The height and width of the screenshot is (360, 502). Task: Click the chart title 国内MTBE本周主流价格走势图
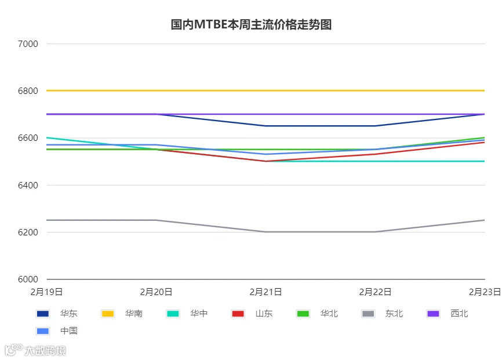[x=251, y=25]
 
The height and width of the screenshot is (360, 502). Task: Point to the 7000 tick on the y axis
[x=28, y=44]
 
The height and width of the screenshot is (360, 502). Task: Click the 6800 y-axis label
[x=28, y=91]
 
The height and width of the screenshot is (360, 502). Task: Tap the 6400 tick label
[x=28, y=185]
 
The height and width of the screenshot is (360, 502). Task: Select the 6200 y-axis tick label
[x=28, y=232]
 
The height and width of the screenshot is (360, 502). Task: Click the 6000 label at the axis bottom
[x=28, y=279]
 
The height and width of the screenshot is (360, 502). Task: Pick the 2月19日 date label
[x=47, y=292]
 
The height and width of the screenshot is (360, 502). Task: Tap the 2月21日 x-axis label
[x=265, y=292]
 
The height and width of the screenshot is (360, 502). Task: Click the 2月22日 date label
[x=375, y=292]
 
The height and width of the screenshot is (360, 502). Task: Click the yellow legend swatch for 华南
[x=108, y=314]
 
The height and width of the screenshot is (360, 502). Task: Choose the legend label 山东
[x=264, y=314]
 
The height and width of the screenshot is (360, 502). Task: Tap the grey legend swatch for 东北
[x=368, y=314]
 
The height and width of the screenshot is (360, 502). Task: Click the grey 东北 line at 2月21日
[x=265, y=232]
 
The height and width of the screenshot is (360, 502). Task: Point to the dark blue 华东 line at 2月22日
[x=375, y=126]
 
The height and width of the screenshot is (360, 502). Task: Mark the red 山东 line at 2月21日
[x=265, y=161]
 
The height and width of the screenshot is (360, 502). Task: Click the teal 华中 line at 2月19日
[x=47, y=138]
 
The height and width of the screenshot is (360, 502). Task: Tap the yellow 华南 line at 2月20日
[x=157, y=90]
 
